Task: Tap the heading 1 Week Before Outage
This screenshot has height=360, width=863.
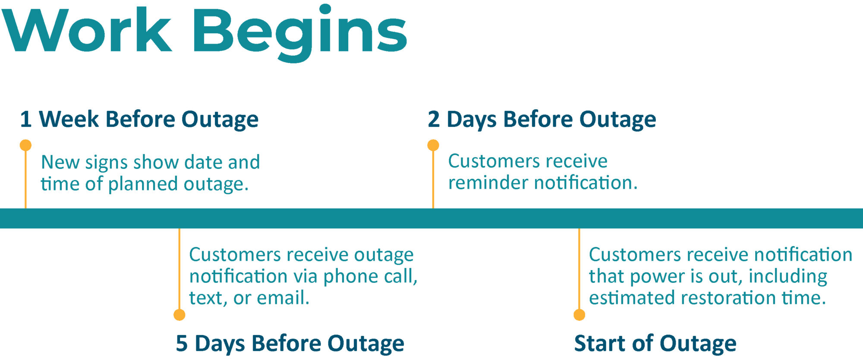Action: pos(139,120)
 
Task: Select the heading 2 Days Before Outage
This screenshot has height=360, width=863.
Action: pos(542,120)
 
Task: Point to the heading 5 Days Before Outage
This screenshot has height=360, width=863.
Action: pos(290,344)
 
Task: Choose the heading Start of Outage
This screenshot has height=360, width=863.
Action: pos(655,344)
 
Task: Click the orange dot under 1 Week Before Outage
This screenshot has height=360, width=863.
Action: pos(25,145)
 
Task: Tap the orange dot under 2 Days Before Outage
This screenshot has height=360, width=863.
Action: pos(433,145)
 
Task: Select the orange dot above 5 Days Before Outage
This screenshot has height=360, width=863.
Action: pos(180,315)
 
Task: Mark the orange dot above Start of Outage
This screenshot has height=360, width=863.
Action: pos(580,315)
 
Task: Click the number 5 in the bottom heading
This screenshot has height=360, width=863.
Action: pos(182,344)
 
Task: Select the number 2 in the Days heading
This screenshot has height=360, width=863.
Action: pos(434,120)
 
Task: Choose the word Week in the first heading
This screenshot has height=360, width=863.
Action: pos(69,120)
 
